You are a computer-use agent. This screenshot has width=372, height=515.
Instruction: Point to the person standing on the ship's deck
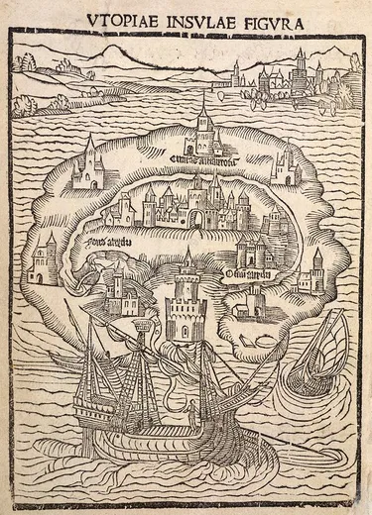(x=185, y=407)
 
